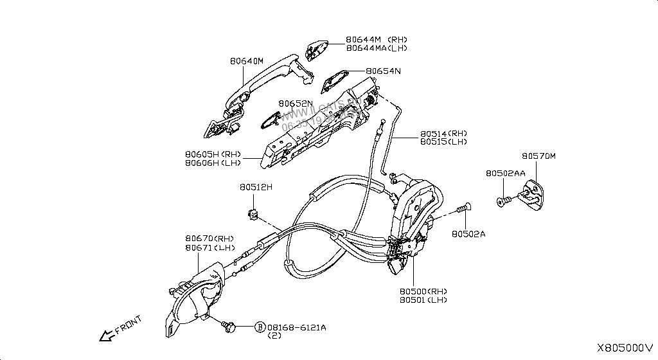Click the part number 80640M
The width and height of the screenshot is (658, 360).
(x=247, y=62)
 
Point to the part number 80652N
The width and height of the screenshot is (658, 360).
(x=296, y=104)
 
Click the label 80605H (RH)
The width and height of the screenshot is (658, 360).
(x=213, y=154)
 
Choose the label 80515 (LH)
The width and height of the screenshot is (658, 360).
(x=444, y=141)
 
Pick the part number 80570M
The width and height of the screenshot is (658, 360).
(x=538, y=156)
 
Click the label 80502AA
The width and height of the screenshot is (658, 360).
(x=506, y=174)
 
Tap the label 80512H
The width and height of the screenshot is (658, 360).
(x=256, y=187)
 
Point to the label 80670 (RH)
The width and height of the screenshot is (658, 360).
(x=209, y=239)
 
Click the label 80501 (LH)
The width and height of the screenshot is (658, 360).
(x=423, y=300)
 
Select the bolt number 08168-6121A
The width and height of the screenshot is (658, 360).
(x=296, y=327)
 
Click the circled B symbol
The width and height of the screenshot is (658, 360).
(x=260, y=327)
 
